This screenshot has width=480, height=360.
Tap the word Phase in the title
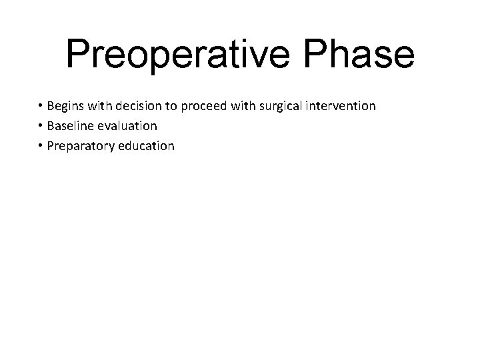(x=365, y=55)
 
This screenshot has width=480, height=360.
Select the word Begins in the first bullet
(x=66, y=106)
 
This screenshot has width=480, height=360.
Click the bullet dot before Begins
(x=41, y=107)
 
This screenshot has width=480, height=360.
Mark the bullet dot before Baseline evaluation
(x=41, y=126)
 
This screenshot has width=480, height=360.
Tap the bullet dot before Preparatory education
(x=41, y=146)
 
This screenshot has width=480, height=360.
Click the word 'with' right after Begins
(x=99, y=106)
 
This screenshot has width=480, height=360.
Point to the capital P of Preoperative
(x=79, y=55)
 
